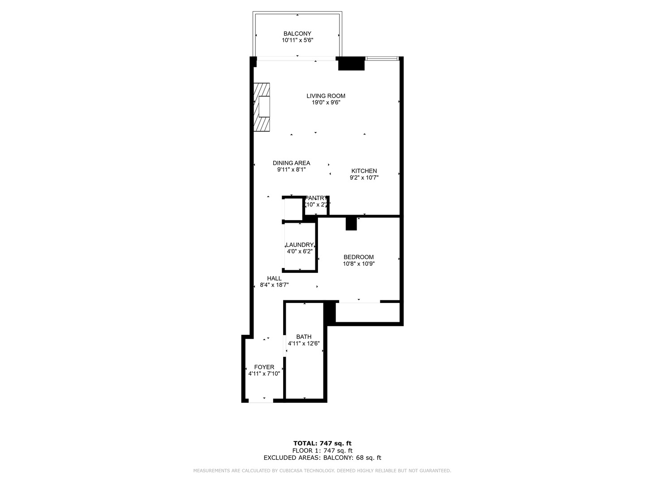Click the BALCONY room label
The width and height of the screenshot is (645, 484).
(x=297, y=34)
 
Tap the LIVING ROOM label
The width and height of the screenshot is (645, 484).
(x=326, y=96)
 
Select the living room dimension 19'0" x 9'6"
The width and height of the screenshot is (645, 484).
(x=326, y=103)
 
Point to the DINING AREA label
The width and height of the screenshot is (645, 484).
(x=291, y=163)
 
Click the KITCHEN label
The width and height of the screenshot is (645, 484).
(x=364, y=171)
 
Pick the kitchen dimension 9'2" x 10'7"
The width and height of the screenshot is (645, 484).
(x=364, y=177)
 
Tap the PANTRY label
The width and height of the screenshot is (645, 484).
(x=317, y=198)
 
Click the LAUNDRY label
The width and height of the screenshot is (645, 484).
(x=300, y=245)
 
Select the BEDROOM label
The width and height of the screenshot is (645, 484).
(x=358, y=257)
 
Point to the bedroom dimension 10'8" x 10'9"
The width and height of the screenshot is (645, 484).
(x=358, y=264)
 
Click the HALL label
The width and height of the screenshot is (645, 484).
(x=274, y=278)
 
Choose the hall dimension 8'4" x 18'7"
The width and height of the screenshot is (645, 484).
(x=274, y=285)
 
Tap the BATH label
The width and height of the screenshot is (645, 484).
(x=304, y=337)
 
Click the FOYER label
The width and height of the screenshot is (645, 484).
(x=264, y=367)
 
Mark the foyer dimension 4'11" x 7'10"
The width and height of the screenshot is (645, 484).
(x=264, y=374)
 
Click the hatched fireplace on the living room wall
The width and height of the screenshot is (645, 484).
(x=262, y=107)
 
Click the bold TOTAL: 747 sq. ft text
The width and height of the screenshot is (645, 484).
(x=322, y=444)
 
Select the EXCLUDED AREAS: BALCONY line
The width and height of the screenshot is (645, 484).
(x=322, y=458)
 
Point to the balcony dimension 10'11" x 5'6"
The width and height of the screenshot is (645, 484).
(x=297, y=40)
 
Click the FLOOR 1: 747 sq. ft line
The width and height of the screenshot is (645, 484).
(x=322, y=451)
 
